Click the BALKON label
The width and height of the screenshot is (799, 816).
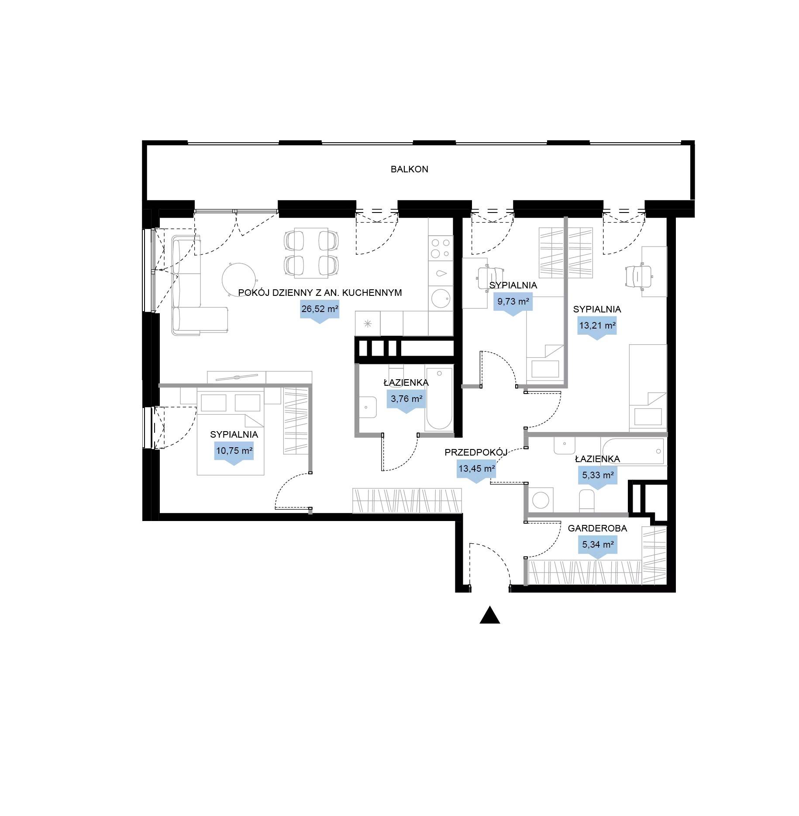[x=409, y=169]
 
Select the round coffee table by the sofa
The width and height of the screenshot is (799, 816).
[x=239, y=279]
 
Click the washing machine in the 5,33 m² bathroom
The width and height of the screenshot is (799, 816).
[x=541, y=500]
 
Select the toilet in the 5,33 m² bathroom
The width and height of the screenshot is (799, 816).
[x=587, y=501]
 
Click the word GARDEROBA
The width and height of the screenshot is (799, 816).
[x=597, y=528]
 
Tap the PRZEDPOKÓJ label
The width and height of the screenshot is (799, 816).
[x=476, y=453]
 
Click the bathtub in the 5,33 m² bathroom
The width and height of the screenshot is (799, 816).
[x=632, y=451]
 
